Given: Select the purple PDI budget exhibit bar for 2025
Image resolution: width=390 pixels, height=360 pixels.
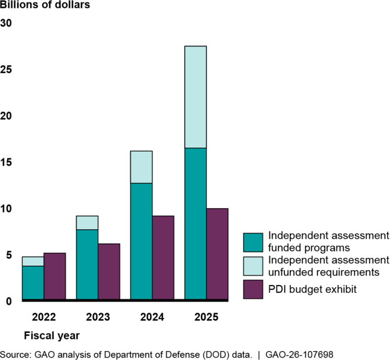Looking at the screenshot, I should point(217,254).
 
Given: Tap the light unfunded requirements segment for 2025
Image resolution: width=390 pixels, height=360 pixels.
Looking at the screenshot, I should point(196,97).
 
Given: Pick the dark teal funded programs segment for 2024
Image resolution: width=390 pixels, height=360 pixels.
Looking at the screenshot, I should point(142,241).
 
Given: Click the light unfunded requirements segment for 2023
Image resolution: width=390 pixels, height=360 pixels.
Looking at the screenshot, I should point(88,223).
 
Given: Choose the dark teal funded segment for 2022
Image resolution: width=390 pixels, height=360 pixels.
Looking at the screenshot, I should point(33,282).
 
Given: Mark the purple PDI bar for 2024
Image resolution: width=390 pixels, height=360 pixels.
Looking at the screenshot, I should point(163,257).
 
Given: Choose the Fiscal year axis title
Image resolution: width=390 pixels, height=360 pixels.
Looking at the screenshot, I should point(52,334).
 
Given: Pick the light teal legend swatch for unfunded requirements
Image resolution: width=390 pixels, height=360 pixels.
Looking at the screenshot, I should point(253,265).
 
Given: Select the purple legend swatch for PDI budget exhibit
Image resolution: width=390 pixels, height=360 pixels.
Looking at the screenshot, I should point(253,289).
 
